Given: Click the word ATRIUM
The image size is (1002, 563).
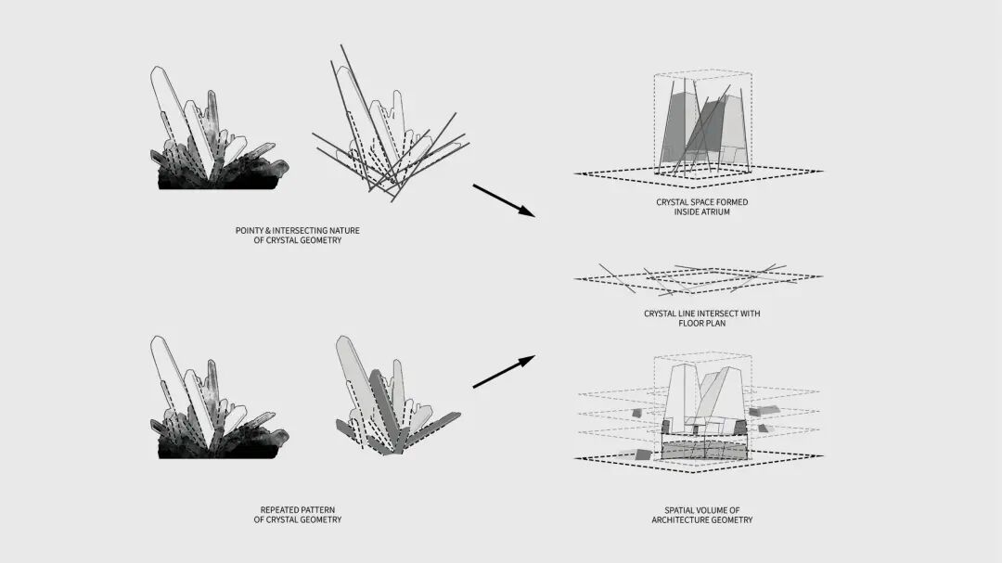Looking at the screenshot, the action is coord(715,212).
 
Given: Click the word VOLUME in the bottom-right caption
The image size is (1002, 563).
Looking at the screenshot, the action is coord(713,511).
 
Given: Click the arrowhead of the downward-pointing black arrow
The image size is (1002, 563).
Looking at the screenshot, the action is coord(528,211).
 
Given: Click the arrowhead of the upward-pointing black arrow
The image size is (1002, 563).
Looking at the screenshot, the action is coord(528,361).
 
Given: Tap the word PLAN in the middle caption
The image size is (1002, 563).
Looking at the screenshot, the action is coord(716,324).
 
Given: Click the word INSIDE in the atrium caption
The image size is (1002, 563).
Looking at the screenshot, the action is coord(686,212).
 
